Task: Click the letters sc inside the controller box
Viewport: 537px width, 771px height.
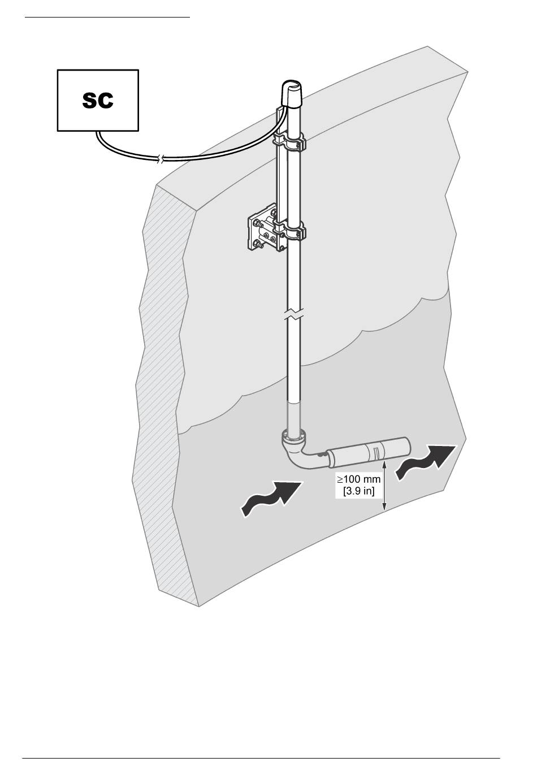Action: pos(98,101)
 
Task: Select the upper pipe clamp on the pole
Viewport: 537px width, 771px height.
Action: pos(289,142)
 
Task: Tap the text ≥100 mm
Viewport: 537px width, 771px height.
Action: pos(358,479)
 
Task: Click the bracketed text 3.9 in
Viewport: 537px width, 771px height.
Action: pos(358,491)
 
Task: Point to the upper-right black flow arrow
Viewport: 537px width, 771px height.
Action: pos(426,462)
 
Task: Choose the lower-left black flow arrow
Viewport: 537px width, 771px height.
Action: pos(271,499)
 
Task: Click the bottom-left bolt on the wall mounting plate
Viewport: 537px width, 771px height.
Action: pos(256,245)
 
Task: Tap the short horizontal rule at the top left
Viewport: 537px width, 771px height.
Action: pos(107,17)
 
